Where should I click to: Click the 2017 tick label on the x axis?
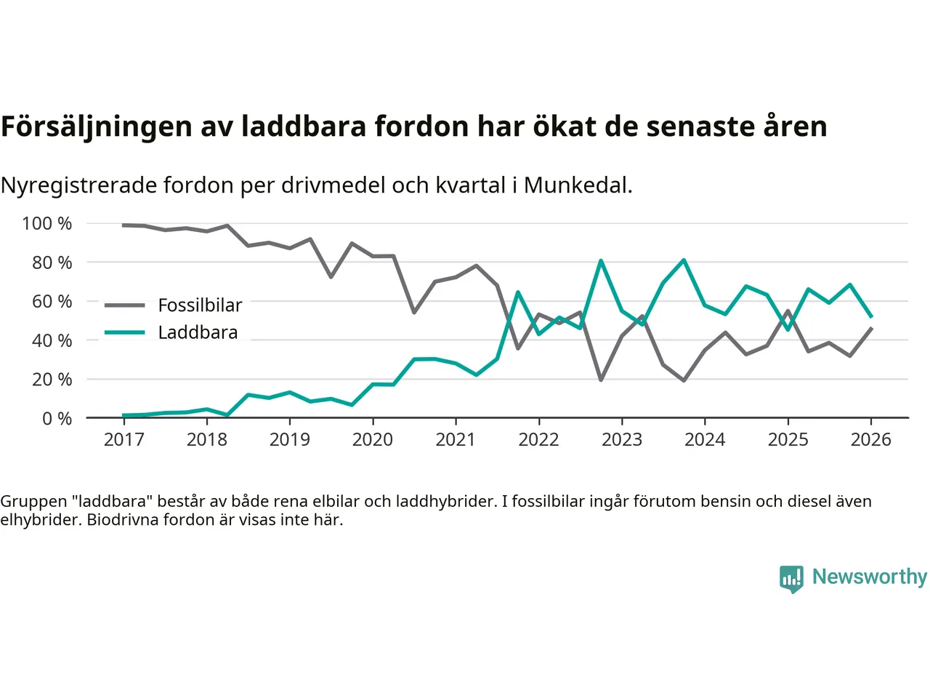pyautogui.click(x=124, y=439)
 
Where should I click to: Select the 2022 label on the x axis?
pyautogui.click(x=538, y=439)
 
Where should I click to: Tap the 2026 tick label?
pyautogui.click(x=870, y=439)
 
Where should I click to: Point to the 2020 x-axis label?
pyautogui.click(x=373, y=439)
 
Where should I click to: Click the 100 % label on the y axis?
pyautogui.click(x=47, y=223)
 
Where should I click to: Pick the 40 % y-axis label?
pyautogui.click(x=52, y=340)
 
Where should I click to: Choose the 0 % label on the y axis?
pyautogui.click(x=57, y=418)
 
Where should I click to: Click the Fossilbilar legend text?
pyautogui.click(x=200, y=305)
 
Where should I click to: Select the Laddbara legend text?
pyautogui.click(x=198, y=332)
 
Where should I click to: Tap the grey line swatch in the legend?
pyautogui.click(x=125, y=305)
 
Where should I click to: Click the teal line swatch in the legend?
pyautogui.click(x=125, y=332)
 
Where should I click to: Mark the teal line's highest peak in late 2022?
pyautogui.click(x=601, y=260)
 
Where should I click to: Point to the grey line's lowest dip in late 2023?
pyautogui.click(x=684, y=380)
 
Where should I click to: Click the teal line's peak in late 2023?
pyautogui.click(x=684, y=260)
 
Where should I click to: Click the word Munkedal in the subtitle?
pyautogui.click(x=578, y=185)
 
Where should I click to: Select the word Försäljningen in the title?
pyautogui.click(x=97, y=127)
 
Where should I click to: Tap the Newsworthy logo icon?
pyautogui.click(x=791, y=579)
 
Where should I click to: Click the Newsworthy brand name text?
pyautogui.click(x=870, y=577)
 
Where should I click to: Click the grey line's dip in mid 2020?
pyautogui.click(x=414, y=313)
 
